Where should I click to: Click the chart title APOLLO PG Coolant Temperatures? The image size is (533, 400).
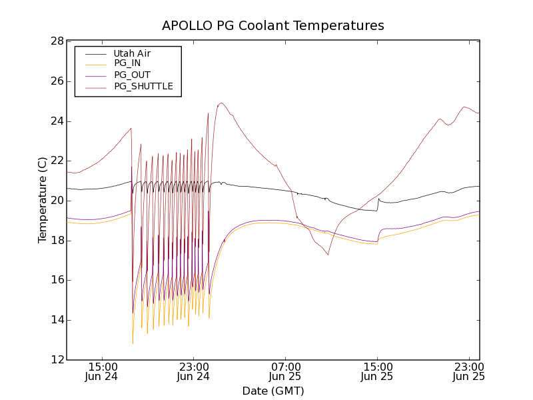(x=273, y=26)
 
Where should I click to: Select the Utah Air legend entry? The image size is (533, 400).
(x=132, y=53)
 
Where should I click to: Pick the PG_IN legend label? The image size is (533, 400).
(x=127, y=63)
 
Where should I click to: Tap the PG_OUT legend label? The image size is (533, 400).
(x=132, y=75)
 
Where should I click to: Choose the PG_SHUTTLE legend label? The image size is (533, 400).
(x=143, y=86)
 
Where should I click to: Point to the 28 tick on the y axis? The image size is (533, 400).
(x=55, y=41)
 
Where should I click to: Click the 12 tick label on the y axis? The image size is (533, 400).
(x=55, y=360)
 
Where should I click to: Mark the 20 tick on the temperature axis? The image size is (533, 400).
(x=55, y=201)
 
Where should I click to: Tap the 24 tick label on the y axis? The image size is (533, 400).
(x=55, y=121)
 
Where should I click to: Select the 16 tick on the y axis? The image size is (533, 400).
(x=55, y=280)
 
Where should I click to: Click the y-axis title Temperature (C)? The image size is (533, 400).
(x=43, y=200)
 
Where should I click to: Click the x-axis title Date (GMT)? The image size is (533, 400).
(x=273, y=391)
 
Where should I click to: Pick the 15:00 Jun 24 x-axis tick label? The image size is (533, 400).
(x=103, y=371)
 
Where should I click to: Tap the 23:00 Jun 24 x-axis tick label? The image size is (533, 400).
(x=194, y=371)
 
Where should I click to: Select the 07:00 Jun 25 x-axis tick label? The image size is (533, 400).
(x=286, y=371)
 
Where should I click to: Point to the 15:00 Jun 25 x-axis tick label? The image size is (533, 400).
(x=377, y=371)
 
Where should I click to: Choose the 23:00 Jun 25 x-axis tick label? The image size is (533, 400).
(x=468, y=371)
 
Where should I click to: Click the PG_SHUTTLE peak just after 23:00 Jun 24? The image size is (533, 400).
(x=221, y=103)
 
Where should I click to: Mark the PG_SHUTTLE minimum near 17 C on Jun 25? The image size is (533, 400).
(x=328, y=255)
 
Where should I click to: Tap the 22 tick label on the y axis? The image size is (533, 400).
(x=55, y=161)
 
